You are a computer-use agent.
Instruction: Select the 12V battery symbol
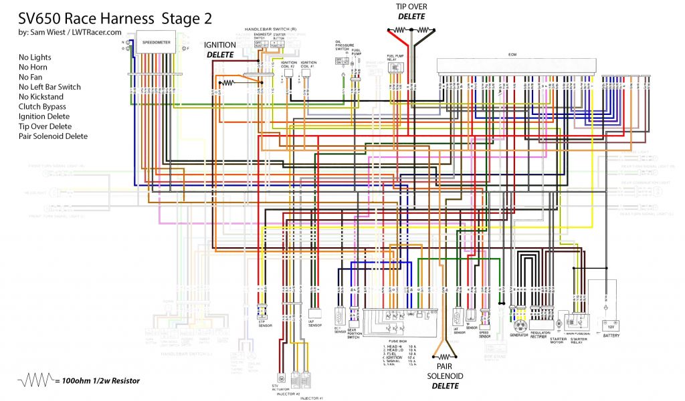pos(610,327)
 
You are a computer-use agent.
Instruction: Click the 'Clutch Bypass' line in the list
pos(42,106)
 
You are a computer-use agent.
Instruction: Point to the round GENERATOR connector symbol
pos(517,326)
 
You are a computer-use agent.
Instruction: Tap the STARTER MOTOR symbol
pos(557,323)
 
